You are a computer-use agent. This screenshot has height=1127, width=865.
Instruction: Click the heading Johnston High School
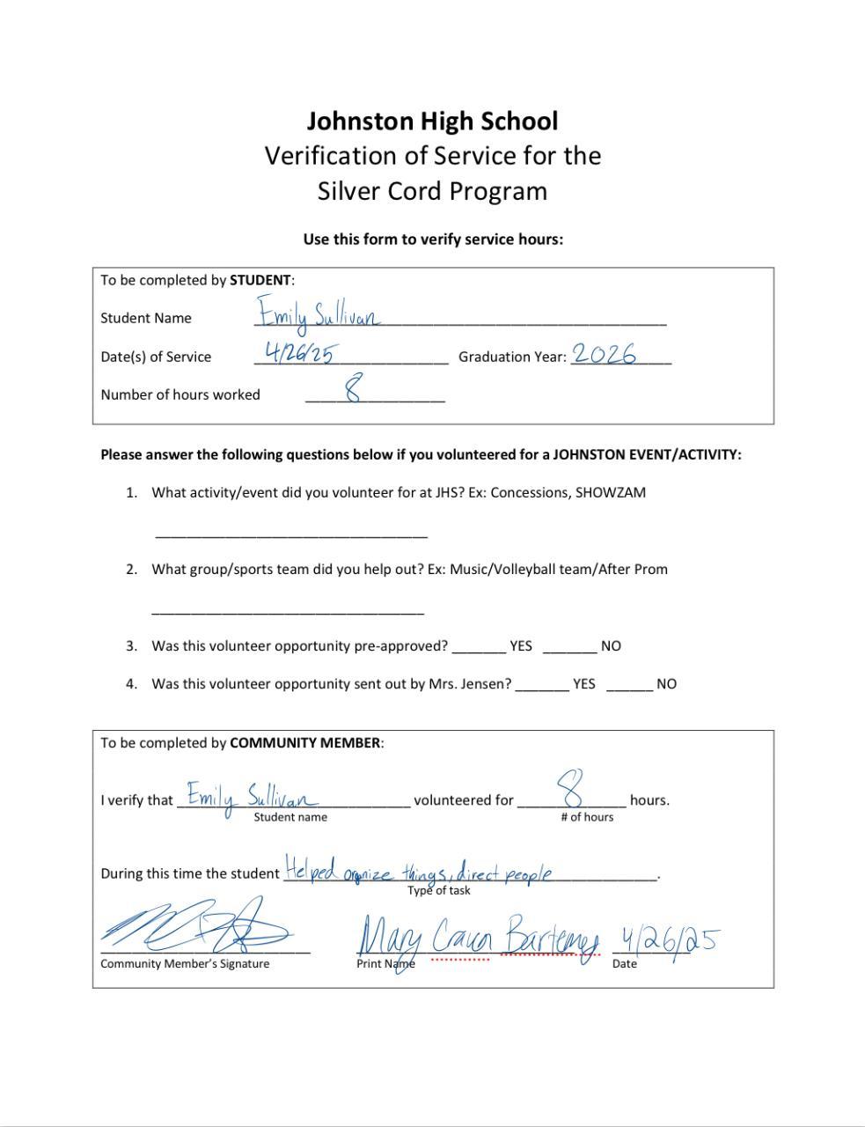tap(432, 121)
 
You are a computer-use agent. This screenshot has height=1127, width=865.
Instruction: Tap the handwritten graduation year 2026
tap(604, 354)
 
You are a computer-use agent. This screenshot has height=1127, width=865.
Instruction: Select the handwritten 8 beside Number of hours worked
tap(354, 387)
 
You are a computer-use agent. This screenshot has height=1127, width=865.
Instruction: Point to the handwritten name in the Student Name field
tap(319, 314)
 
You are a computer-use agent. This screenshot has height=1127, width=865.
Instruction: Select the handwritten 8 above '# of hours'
tap(572, 788)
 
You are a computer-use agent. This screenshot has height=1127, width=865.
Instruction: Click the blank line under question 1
tap(291, 534)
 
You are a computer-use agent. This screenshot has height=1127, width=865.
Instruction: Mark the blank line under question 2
tap(288, 610)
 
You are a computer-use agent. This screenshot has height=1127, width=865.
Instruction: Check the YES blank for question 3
tap(480, 650)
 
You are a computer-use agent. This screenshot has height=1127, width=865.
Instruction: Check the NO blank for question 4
tap(629, 688)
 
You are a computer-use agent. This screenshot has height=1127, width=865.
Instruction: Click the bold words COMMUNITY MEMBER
tap(305, 742)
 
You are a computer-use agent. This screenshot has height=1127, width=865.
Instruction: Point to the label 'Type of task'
tap(438, 890)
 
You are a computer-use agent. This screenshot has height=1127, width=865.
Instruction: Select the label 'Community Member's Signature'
tap(185, 963)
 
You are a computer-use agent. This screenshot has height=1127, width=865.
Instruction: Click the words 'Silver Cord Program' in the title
tap(432, 191)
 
